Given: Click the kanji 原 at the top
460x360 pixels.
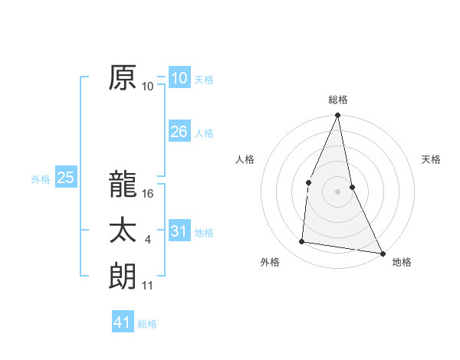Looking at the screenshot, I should click(123, 77).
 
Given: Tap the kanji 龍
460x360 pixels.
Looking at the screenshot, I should click(123, 185).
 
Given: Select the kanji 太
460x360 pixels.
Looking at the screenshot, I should click(123, 231).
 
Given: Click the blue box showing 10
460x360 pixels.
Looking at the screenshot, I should click(179, 77).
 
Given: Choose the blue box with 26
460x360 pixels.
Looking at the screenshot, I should click(179, 132).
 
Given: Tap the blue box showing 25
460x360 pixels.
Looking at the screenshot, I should click(66, 178).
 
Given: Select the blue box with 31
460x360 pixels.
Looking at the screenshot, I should click(179, 231).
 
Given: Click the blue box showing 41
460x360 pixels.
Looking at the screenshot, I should click(123, 322).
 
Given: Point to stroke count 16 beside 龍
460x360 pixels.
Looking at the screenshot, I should click(148, 195).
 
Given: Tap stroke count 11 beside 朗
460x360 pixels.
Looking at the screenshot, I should click(148, 286).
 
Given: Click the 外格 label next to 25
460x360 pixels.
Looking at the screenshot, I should click(41, 179).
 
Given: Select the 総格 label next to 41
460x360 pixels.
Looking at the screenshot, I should click(147, 324).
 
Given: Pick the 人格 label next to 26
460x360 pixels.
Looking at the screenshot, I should click(204, 133).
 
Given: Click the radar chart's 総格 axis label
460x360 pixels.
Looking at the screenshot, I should click(338, 100).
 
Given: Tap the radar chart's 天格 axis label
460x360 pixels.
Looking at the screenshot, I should click(431, 159).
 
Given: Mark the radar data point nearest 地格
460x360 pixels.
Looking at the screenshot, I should click(382, 253).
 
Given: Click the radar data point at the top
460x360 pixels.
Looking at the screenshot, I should click(337, 116).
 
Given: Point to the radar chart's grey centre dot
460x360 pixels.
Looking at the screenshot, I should click(337, 191).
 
